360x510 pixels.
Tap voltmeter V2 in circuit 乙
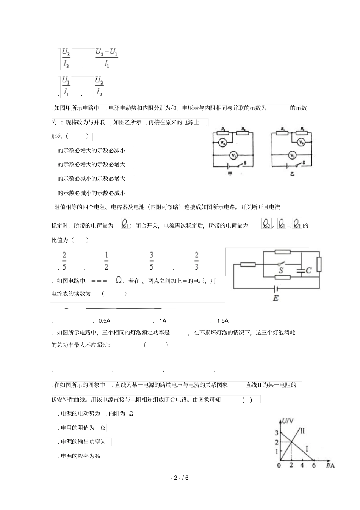coord(301,143)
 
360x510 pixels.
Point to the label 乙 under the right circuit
coord(292,174)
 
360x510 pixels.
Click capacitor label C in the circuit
coord(308,270)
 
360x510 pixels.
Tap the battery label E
coord(275,298)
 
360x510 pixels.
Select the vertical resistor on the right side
coord(319,265)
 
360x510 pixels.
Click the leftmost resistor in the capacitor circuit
coord(247,264)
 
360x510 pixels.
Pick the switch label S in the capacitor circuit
coord(281,270)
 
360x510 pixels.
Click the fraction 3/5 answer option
coord(152,261)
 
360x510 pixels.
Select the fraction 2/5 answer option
coord(64,261)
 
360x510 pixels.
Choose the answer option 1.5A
coord(222,320)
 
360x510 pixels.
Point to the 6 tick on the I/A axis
coord(313,465)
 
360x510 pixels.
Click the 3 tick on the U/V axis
coord(277,433)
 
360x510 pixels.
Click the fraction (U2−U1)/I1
coord(107,58)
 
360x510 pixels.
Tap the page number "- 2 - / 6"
coord(180,478)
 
